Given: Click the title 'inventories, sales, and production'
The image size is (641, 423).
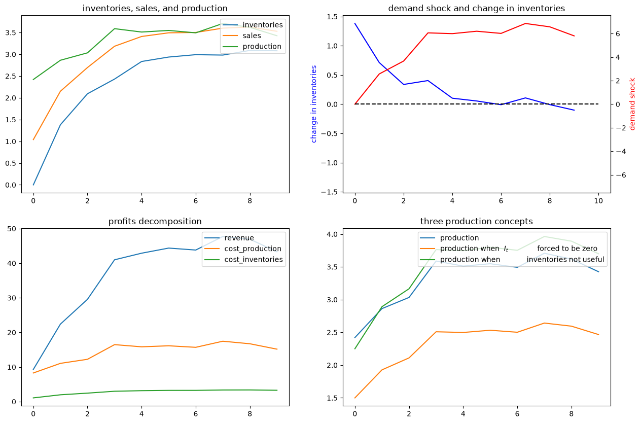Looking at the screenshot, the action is [155, 8].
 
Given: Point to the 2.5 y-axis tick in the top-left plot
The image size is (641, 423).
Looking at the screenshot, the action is [11, 77].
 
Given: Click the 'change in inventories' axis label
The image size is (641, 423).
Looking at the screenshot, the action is [313, 104].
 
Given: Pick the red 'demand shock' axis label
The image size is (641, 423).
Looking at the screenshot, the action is [632, 104].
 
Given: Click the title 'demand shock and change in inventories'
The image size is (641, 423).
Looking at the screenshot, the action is [477, 8].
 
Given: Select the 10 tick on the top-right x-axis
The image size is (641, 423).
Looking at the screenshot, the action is [598, 201].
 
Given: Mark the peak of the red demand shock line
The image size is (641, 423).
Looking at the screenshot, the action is [525, 23].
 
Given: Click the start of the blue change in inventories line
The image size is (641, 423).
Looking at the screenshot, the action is [355, 23].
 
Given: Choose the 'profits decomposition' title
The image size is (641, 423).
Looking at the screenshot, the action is [155, 221].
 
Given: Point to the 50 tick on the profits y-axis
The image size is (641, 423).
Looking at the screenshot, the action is [12, 229].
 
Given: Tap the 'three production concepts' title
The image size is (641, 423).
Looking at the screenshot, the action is [477, 221].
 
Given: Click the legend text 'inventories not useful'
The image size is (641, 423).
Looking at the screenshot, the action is [565, 259].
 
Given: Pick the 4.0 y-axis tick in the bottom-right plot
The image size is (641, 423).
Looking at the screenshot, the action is [332, 234].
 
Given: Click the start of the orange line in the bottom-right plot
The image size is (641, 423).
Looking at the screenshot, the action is [355, 398].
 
